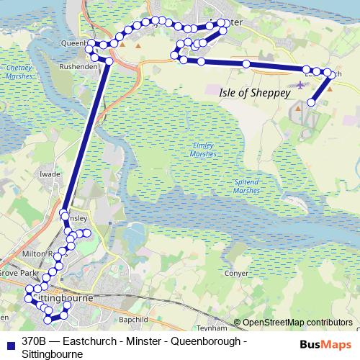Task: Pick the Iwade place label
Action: [x=50, y=174]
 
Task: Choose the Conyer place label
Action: [x=237, y=274]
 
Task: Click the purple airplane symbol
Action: [x=300, y=86]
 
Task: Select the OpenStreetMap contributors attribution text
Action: [x=297, y=323]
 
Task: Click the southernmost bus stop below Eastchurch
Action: [x=311, y=102]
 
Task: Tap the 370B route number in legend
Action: [x=34, y=341]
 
